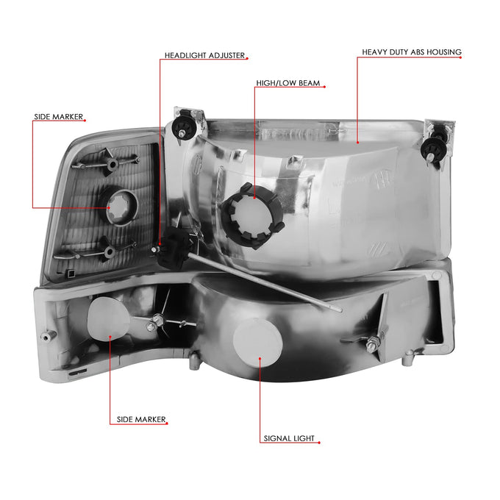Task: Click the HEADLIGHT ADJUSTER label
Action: click(204, 55)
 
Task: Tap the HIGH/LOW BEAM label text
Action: click(288, 83)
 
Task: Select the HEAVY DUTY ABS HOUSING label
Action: click(412, 52)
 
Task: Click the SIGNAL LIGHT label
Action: click(289, 438)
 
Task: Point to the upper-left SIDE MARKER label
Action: click(58, 117)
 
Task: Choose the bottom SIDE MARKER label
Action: click(141, 419)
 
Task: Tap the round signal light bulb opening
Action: click(257, 342)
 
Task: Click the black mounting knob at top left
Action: click(184, 125)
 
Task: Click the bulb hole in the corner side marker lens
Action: click(118, 207)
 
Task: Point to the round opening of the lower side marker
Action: click(108, 318)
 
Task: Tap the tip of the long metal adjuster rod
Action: click(340, 310)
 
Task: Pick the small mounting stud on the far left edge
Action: click(48, 336)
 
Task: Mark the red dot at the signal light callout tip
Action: click(260, 358)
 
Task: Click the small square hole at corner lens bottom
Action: click(71, 274)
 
